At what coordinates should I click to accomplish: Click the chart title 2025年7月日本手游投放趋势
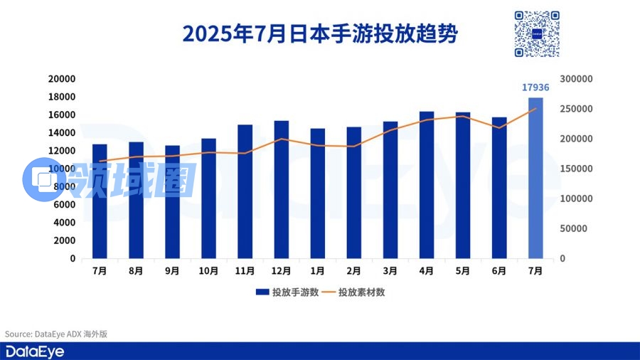point(319,33)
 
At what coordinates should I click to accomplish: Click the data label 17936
point(535,88)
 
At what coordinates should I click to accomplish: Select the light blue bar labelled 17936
point(535,178)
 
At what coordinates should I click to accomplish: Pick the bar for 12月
point(282,189)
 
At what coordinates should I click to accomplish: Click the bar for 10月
point(208,198)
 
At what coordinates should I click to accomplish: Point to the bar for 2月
point(354,192)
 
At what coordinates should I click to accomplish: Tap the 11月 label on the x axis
point(245,271)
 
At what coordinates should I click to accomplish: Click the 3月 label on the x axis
point(390,271)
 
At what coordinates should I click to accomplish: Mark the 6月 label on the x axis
point(499,271)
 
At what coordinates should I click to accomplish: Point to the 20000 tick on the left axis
point(62,79)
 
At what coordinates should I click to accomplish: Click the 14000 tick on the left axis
point(62,133)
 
